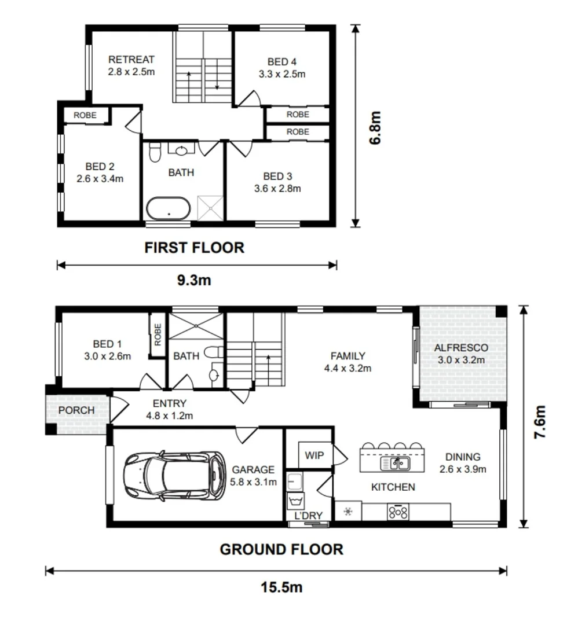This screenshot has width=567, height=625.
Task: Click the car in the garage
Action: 174,475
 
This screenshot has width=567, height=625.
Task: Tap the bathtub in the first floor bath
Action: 169,208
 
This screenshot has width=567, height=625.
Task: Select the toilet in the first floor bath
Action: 155,152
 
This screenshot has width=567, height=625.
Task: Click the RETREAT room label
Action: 131,60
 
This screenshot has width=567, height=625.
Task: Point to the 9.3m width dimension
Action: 195,280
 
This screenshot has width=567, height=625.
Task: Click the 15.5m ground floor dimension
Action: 281,587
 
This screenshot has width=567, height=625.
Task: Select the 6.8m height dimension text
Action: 375,127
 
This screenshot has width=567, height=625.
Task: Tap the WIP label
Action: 314,455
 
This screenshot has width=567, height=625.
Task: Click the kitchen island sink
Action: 395,463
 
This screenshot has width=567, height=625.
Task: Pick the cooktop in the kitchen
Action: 398,512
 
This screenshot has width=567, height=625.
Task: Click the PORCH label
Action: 76,410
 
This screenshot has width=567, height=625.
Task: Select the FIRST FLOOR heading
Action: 195,248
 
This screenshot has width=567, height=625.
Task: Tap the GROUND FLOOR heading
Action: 281,549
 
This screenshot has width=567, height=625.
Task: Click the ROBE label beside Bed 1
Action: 158,334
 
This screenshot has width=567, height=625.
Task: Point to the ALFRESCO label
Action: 461,348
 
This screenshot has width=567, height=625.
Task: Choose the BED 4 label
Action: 282,62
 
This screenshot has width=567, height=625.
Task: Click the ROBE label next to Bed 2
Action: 85,115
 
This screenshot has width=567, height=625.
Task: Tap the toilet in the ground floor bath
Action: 214,352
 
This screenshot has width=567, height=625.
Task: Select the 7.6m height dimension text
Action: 539,422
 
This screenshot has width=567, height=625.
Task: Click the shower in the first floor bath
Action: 210,208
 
